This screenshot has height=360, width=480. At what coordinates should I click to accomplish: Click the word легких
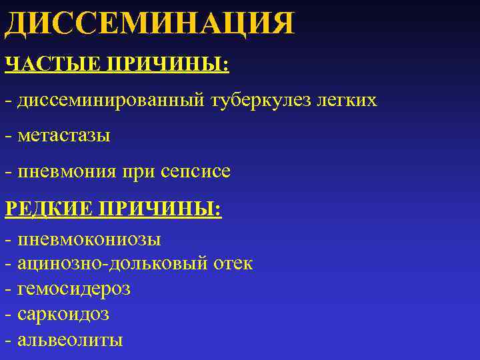(x=347, y=101)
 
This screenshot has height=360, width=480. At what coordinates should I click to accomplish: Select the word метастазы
(x=65, y=137)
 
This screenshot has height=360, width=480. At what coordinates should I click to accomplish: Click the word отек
(x=233, y=264)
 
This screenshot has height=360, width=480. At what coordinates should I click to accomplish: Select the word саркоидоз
(x=64, y=314)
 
